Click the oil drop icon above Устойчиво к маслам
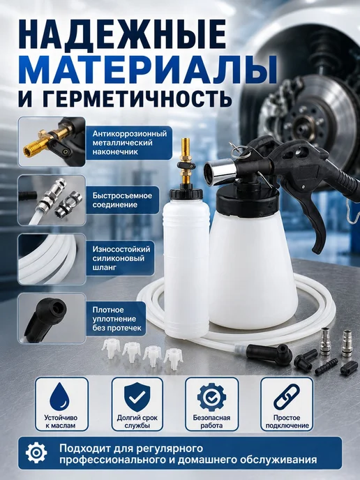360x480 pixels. click(60, 397)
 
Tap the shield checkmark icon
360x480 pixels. click(137, 397)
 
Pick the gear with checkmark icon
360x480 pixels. click(211, 397)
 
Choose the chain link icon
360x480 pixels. click(287, 397)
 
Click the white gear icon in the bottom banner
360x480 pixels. click(36, 453)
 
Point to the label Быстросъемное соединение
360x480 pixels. click(122, 200)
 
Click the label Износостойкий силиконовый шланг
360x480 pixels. click(121, 258)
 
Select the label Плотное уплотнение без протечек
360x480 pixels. click(117, 319)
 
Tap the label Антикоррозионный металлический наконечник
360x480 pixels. click(130, 142)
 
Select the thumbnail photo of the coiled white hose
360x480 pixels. click(52, 259)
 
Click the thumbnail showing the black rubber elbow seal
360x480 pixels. click(52, 318)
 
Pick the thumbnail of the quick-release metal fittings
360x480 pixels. click(52, 200)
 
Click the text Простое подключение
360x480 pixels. click(287, 421)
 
